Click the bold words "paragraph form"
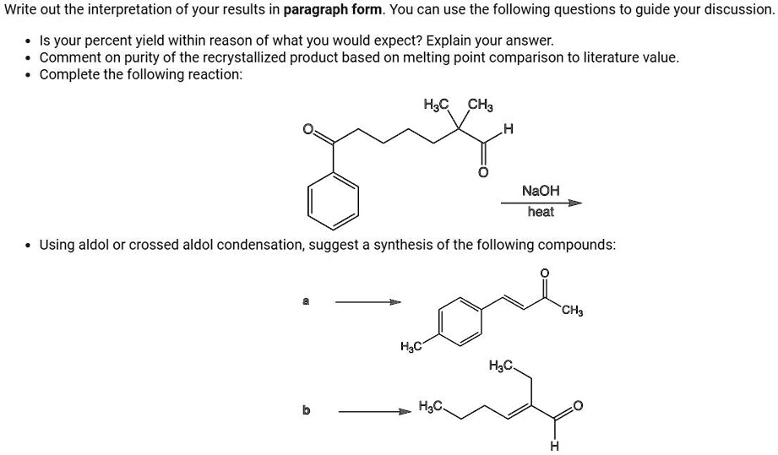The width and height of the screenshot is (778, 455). [x=333, y=9]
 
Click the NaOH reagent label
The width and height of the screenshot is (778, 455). [x=541, y=191]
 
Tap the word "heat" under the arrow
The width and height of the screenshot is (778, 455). [x=541, y=212]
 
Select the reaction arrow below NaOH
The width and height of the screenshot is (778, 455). [x=541, y=203]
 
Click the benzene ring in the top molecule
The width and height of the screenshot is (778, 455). [x=333, y=201]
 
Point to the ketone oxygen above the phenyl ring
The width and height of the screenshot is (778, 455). [x=308, y=129]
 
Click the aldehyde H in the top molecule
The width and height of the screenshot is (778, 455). [x=508, y=130]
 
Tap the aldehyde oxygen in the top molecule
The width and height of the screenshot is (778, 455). [x=483, y=172]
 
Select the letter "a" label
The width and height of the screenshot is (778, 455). [x=306, y=301]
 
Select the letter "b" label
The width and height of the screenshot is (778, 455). [x=306, y=410]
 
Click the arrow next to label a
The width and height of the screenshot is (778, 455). [x=368, y=302]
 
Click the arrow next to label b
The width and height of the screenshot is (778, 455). [x=375, y=411]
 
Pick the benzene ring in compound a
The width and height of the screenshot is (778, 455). [x=460, y=321]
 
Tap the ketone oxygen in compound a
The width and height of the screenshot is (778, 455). [x=545, y=274]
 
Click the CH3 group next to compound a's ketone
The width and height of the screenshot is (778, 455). [x=573, y=311]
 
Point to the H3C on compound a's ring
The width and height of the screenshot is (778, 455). [x=411, y=346]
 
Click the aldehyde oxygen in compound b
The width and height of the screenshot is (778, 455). [x=578, y=406]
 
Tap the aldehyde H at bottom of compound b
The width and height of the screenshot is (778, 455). [x=554, y=446]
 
